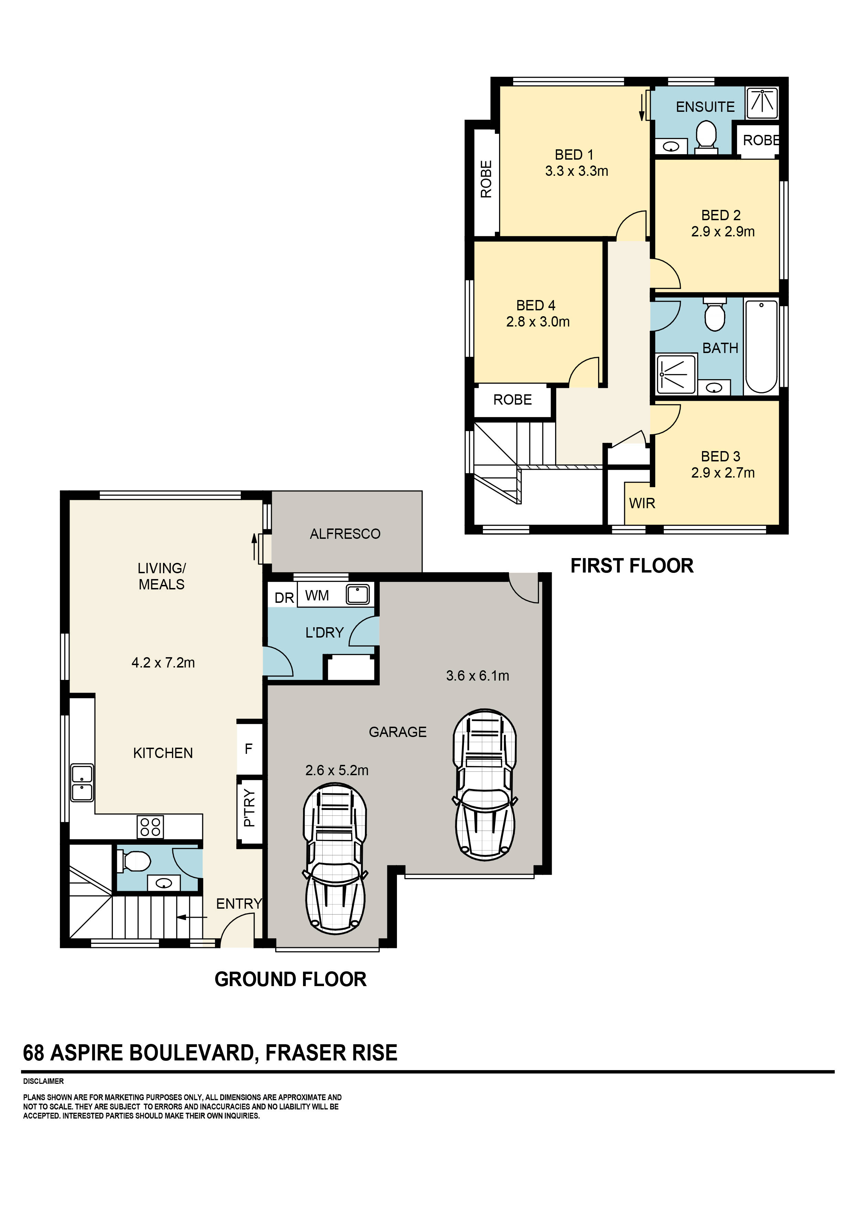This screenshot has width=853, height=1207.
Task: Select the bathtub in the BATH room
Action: coord(761,347)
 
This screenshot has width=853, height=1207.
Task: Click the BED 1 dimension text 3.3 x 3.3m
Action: coord(576,171)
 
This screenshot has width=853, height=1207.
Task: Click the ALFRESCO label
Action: coord(345,534)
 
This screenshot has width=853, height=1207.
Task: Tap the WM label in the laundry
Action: coord(317,596)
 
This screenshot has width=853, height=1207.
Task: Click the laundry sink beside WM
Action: coord(357,595)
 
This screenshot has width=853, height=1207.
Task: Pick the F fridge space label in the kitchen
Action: coord(249,749)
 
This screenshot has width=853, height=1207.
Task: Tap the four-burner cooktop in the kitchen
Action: coord(150,826)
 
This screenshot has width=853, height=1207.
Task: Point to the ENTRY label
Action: coord(239,903)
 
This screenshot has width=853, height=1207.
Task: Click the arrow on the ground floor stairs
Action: coord(192,917)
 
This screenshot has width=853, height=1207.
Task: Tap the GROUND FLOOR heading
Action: coord(290,979)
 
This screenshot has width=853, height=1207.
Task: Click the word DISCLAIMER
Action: coord(43,1081)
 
